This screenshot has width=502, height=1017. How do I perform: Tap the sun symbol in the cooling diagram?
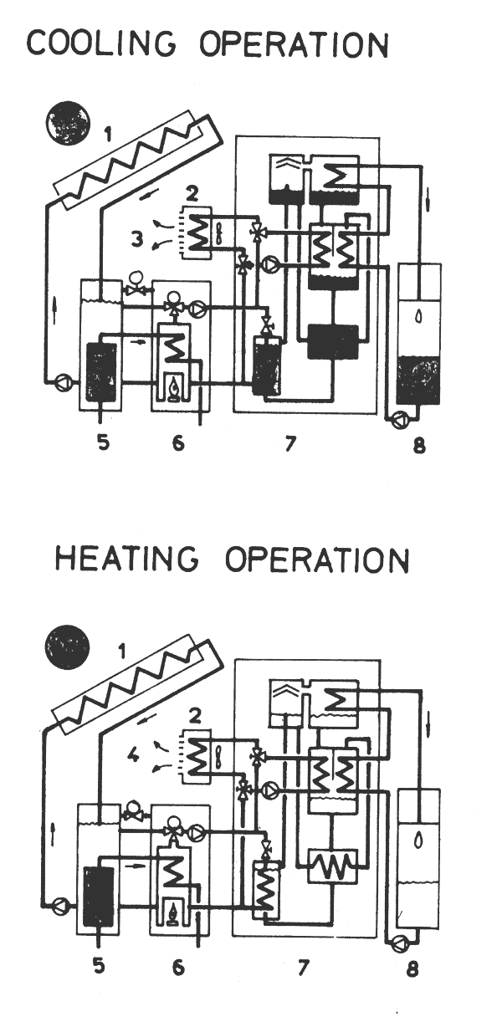click(66, 121)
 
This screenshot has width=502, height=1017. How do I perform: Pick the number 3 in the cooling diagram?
click(136, 240)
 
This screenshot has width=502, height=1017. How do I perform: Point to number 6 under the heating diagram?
click(178, 968)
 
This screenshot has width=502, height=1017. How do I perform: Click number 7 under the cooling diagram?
click(289, 443)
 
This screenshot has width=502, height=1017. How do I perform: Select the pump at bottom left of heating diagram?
click(59, 903)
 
